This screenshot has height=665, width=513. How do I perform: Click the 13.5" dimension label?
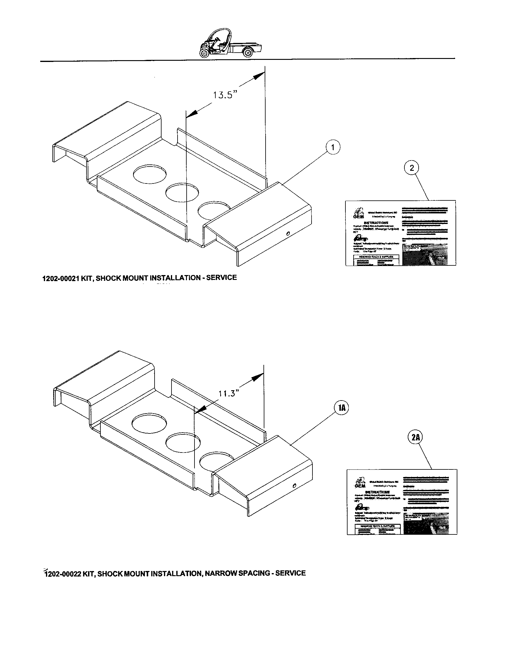224,95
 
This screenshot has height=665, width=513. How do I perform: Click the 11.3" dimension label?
227,393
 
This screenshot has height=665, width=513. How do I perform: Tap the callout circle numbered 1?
333,148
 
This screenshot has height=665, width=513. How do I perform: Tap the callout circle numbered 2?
412,168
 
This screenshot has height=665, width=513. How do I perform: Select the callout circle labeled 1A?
342,408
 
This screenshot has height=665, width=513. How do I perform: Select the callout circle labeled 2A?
416,438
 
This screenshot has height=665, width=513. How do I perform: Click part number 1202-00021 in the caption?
60,278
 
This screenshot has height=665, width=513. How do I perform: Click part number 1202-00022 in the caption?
62,574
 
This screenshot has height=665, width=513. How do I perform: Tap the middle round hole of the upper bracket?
182,193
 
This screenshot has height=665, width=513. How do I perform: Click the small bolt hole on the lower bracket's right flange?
294,486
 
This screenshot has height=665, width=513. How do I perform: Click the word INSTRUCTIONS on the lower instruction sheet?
377,492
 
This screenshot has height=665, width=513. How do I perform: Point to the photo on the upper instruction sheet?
425,254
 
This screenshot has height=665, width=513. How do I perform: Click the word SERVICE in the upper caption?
221,277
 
